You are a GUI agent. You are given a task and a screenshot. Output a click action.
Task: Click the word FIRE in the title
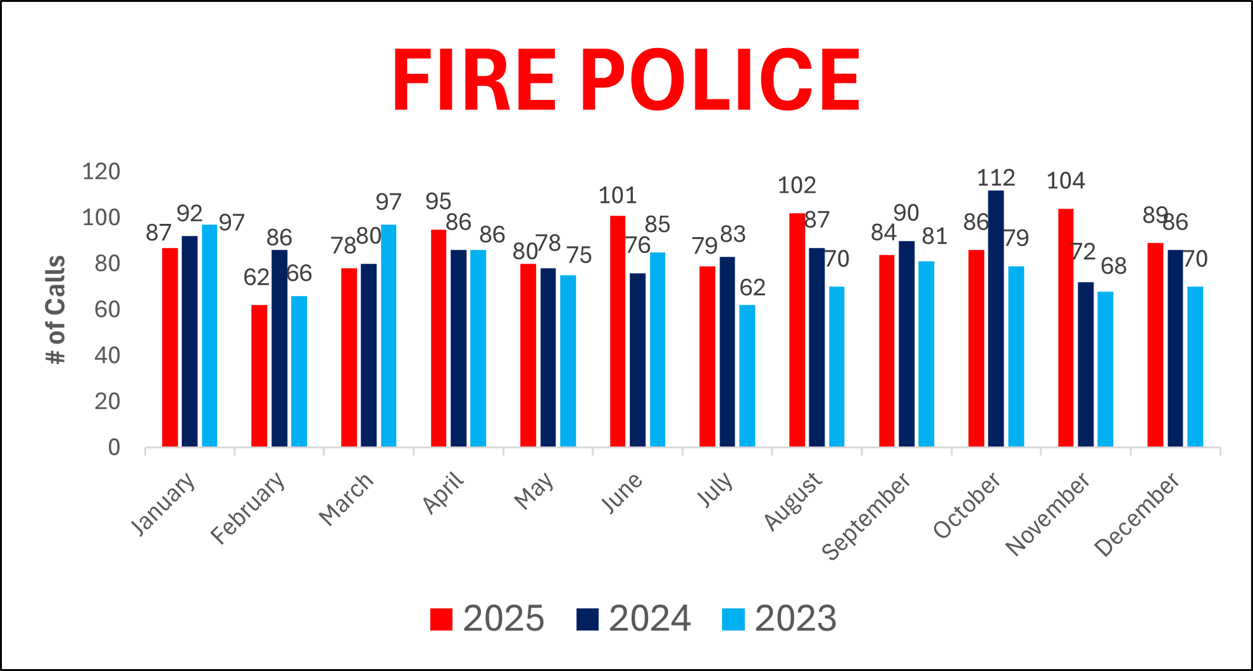[474, 80]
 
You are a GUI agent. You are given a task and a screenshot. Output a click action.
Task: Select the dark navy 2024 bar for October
[995, 319]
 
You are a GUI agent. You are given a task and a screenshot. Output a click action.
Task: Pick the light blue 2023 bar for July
[747, 376]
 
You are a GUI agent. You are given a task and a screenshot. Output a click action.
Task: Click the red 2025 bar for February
[259, 376]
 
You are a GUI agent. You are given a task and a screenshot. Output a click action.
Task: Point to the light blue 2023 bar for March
[389, 336]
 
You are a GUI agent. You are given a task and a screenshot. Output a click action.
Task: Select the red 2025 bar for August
[797, 330]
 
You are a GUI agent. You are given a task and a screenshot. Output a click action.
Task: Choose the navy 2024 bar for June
[637, 360]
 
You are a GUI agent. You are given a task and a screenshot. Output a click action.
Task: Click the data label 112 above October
[995, 178]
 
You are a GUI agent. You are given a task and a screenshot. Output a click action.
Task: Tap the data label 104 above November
[1066, 182]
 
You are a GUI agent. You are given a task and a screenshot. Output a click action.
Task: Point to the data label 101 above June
[617, 196]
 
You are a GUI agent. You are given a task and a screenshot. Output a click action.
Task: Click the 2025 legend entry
[487, 619]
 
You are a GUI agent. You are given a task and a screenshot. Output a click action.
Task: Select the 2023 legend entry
[779, 619]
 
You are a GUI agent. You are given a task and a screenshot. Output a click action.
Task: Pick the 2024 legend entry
[633, 619]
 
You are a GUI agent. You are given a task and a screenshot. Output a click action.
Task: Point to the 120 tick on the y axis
[101, 171]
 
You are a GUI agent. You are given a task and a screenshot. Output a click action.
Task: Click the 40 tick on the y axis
[107, 355]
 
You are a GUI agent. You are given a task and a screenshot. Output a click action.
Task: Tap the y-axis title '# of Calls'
[56, 310]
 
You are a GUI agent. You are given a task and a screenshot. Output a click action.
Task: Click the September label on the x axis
[866, 516]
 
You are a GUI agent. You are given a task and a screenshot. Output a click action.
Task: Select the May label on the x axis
[534, 491]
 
